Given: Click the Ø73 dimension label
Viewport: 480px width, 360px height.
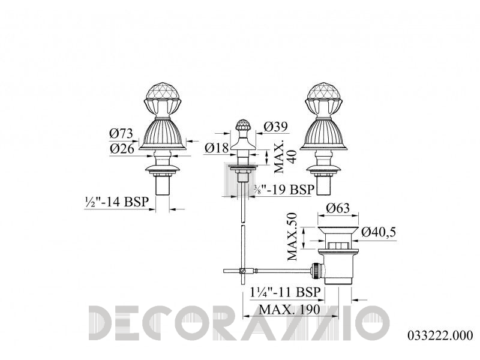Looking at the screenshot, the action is tap(121, 133).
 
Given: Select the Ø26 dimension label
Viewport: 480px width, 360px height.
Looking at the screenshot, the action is tap(122, 149).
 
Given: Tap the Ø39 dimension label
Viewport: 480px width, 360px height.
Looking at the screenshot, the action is tap(275, 127).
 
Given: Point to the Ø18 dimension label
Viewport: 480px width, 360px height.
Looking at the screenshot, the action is tap(217, 148).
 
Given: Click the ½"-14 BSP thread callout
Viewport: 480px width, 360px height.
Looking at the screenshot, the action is tap(116, 202).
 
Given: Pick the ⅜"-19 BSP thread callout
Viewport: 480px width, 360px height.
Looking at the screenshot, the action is tap(284, 190).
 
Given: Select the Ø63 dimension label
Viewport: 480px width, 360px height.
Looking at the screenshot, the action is tap(338, 208).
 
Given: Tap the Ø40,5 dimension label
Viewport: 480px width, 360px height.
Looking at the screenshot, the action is tap(379, 232).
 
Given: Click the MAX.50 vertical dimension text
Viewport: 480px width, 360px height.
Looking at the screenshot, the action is tap(292, 236).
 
